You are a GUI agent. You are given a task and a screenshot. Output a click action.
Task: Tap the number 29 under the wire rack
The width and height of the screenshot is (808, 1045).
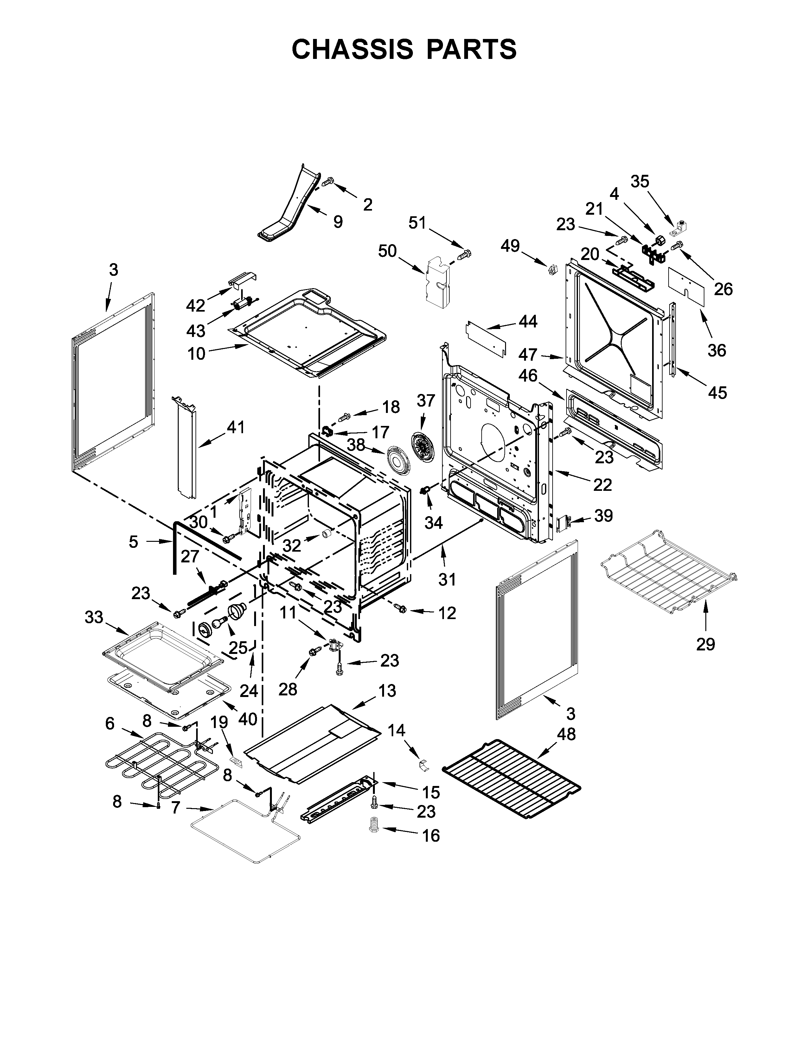point(706,644)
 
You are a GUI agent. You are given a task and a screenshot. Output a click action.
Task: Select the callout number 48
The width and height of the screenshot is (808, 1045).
point(566,734)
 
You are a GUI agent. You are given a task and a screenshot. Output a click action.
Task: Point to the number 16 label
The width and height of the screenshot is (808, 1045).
point(431,836)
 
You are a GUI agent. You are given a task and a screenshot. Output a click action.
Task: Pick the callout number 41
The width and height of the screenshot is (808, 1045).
point(235,427)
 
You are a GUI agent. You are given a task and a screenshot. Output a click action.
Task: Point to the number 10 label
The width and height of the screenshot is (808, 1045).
point(196,354)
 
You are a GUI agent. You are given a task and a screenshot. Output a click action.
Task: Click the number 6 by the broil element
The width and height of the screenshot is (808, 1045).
point(110,724)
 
